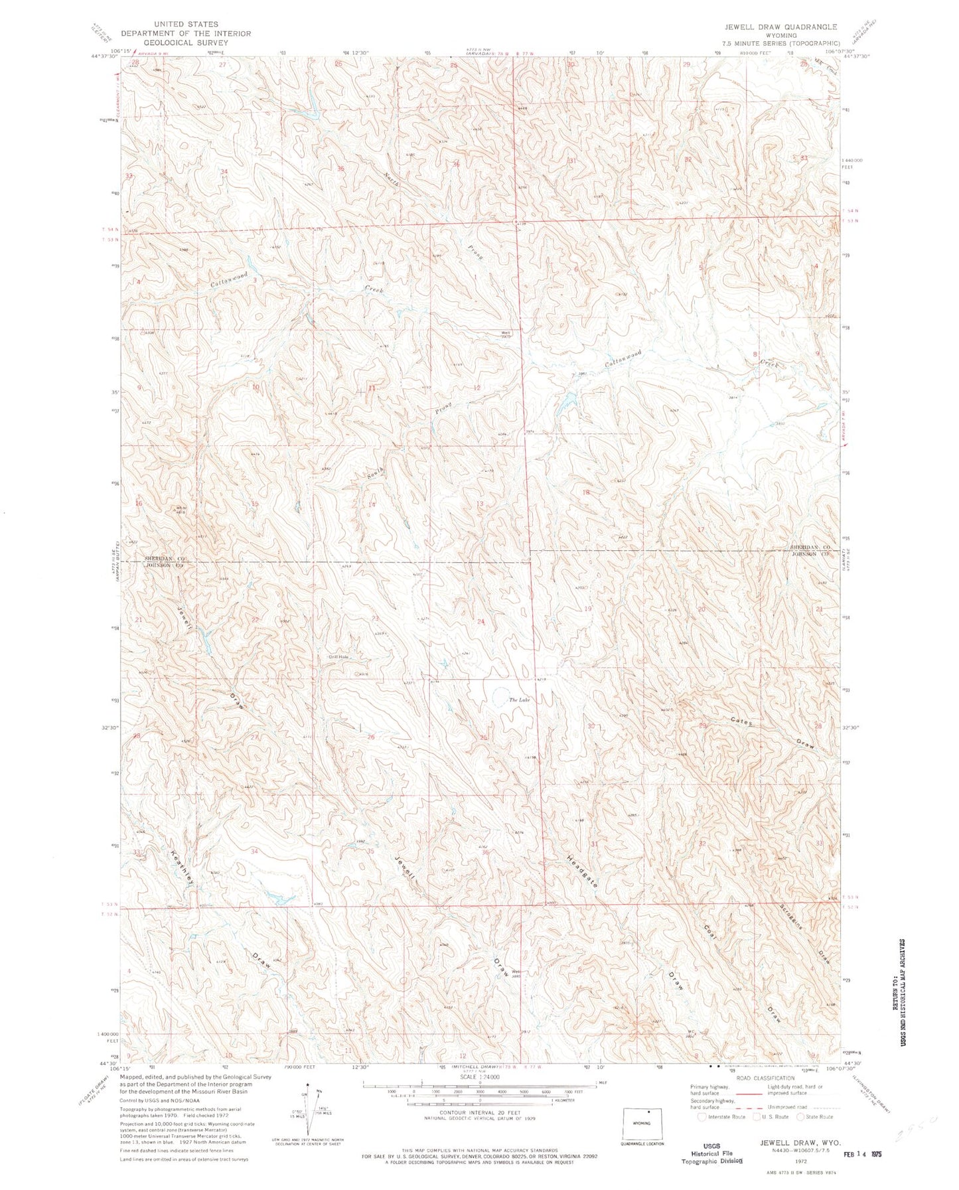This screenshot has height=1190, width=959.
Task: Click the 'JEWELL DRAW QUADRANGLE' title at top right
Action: point(782,27)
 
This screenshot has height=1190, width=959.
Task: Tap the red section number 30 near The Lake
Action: point(591,725)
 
